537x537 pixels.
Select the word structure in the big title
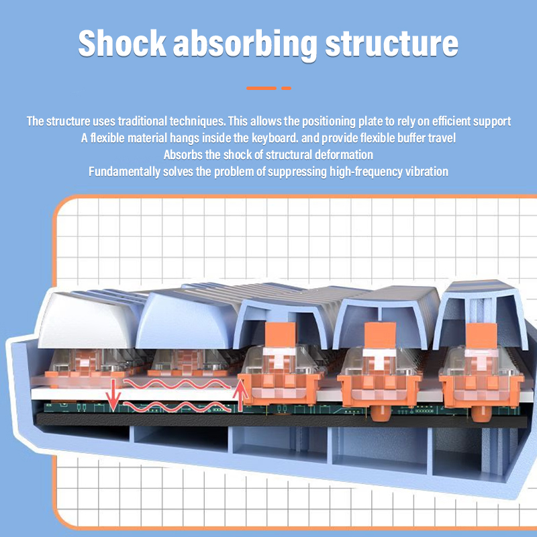coord(392,42)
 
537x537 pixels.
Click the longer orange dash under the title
coord(261,88)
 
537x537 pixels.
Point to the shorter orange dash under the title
coord(286,88)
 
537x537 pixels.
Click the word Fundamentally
coord(124,172)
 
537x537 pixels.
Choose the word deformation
coord(342,155)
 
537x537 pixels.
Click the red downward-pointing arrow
coord(114,394)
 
